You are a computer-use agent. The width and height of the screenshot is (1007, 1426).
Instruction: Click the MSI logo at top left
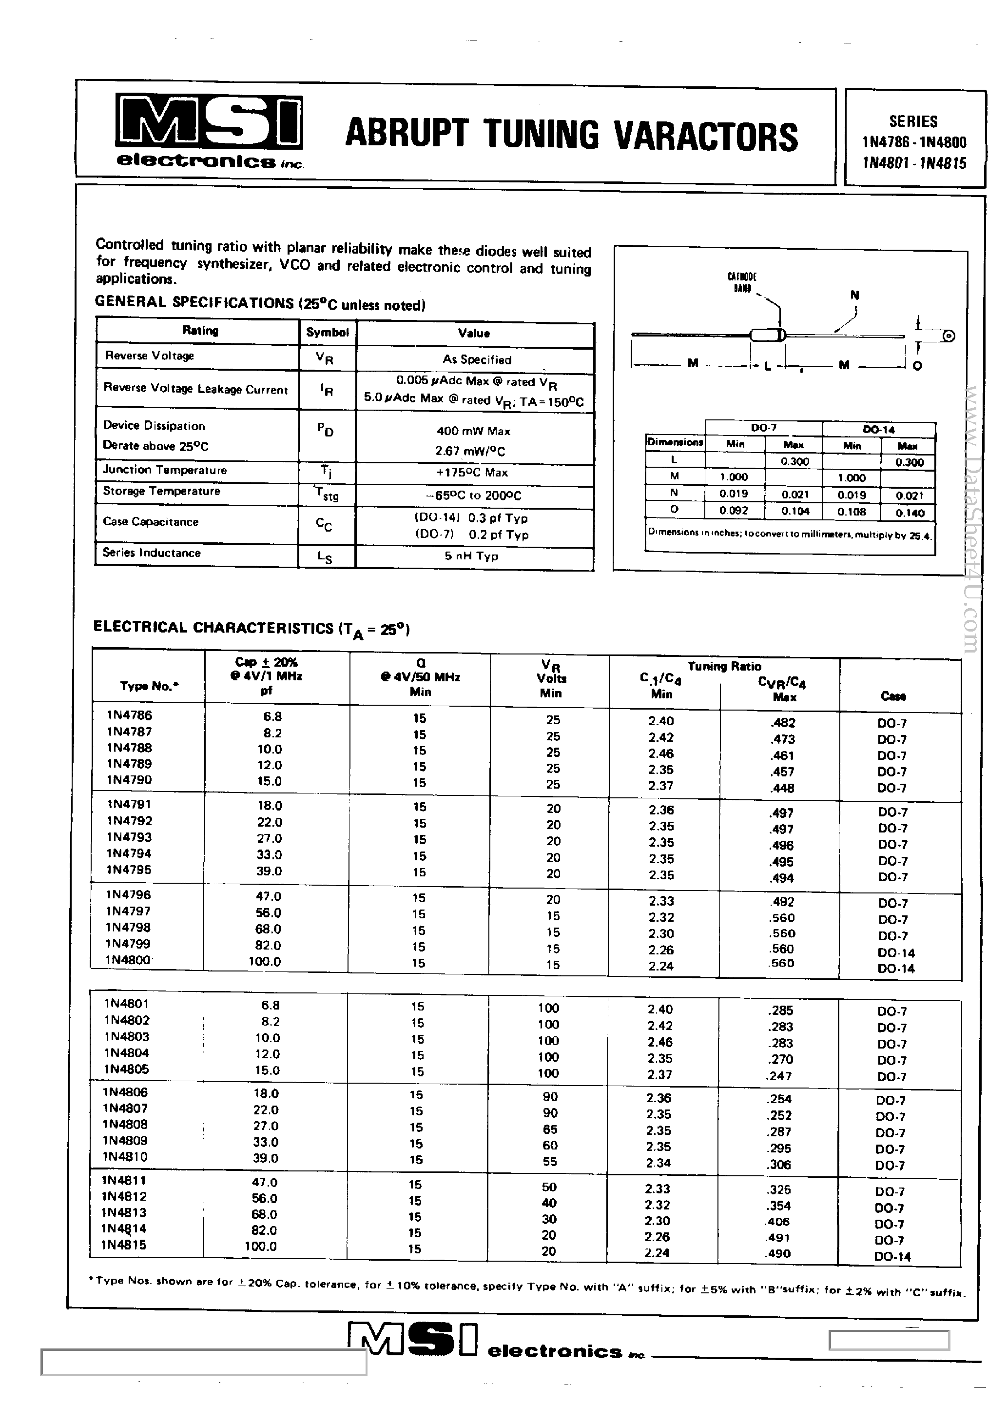pos(209,123)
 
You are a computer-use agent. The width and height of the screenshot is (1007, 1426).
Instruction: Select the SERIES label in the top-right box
pos(912,121)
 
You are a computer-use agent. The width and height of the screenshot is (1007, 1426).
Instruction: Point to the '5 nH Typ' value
pos(471,556)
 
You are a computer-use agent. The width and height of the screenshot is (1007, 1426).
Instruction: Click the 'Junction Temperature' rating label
pos(165,470)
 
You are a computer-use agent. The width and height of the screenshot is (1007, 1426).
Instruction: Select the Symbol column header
pos(327,332)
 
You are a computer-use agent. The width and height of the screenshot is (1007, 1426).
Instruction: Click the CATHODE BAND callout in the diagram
pos(742,282)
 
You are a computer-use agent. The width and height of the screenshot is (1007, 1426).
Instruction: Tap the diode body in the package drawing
pos(767,336)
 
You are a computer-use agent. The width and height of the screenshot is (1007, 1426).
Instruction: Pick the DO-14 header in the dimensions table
pos(878,429)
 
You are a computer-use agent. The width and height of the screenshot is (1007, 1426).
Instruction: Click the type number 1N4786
pos(129,715)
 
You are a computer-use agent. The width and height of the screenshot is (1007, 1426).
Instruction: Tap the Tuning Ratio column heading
pos(724,666)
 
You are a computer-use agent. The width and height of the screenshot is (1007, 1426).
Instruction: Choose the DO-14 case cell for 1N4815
pos(892,1256)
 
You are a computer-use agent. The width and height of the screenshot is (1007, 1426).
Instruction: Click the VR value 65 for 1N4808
pos(549,1129)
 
